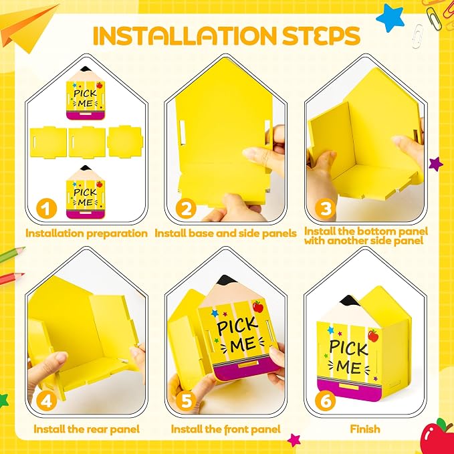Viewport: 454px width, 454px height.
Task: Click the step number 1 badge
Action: [x=47, y=209]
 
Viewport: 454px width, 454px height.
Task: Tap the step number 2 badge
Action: [x=186, y=209]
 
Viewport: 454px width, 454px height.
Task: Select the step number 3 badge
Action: [x=326, y=209]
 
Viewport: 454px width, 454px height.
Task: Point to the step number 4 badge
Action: [x=47, y=401]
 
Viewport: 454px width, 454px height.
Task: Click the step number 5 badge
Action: [x=186, y=401]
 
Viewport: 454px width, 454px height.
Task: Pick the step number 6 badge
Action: [x=326, y=401]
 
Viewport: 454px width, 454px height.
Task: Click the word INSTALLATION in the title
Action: [x=185, y=36]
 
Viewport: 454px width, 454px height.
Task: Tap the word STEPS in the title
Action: [x=321, y=36]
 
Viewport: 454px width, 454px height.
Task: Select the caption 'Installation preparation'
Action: [x=86, y=233]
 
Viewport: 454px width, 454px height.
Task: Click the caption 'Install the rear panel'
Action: [x=86, y=429]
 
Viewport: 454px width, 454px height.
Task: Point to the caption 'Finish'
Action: [x=365, y=429]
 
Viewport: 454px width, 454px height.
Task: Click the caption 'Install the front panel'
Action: [x=226, y=429]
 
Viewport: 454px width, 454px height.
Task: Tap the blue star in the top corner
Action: [x=390, y=17]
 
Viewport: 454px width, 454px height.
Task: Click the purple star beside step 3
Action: [x=436, y=164]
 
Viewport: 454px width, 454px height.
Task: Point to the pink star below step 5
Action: [x=294, y=441]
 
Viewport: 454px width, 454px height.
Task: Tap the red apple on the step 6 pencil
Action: [x=373, y=336]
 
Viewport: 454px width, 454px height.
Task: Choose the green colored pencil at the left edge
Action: [x=11, y=255]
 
